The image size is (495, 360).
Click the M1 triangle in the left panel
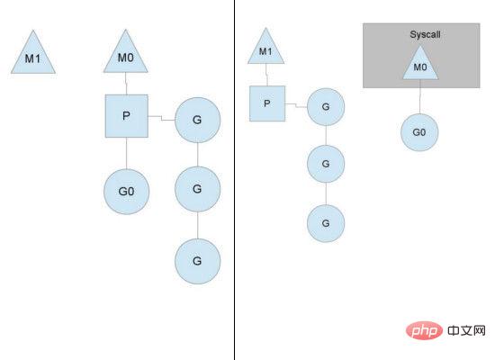click(x=33, y=55)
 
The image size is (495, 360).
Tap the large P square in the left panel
click(x=127, y=116)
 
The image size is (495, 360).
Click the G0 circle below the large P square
click(x=127, y=192)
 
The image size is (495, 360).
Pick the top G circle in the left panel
click(x=198, y=120)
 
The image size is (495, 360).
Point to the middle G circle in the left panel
click(x=198, y=189)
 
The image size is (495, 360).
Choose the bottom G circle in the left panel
click(x=198, y=261)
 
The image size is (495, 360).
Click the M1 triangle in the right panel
click(x=265, y=49)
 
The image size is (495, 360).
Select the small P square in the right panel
click(x=267, y=103)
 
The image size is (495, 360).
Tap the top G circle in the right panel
click(x=326, y=107)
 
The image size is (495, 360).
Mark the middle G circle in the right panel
click(x=326, y=164)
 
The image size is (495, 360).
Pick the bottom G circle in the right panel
click(x=326, y=223)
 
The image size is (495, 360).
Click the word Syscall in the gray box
click(x=425, y=34)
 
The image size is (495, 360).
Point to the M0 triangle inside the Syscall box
click(x=420, y=65)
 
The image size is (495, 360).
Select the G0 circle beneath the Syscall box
click(x=419, y=132)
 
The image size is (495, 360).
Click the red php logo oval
click(x=424, y=330)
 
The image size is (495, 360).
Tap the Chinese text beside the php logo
click(x=466, y=330)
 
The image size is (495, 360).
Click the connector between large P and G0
click(x=127, y=153)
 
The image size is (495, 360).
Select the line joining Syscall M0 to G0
click(x=420, y=96)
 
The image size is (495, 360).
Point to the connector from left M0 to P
click(x=126, y=84)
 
